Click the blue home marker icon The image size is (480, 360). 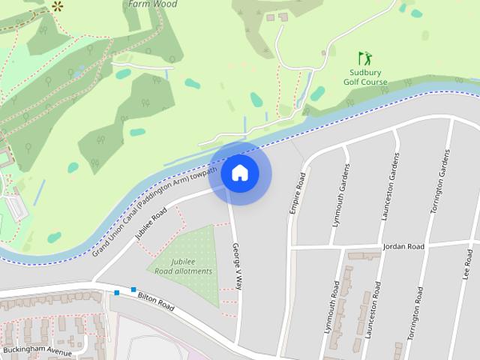point(239,172)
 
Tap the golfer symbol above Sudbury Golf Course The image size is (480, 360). point(364,58)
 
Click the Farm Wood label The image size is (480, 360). point(152,4)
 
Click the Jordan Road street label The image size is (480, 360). point(403,247)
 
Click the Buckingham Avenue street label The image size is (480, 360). point(36,350)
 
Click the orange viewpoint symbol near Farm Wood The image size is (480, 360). point(58,6)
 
